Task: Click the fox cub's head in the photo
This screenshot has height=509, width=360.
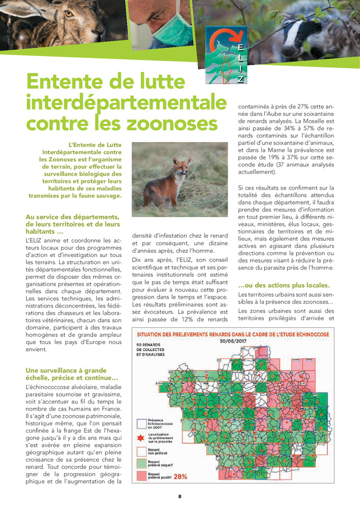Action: [x=181, y=166]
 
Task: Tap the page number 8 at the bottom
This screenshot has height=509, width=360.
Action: [x=179, y=496]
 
